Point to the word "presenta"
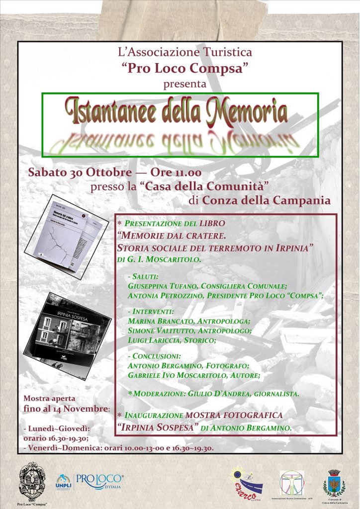(185, 84)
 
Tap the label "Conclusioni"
(157, 356)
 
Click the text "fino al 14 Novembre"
(66, 409)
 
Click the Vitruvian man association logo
(291, 482)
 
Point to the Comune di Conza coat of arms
(333, 482)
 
